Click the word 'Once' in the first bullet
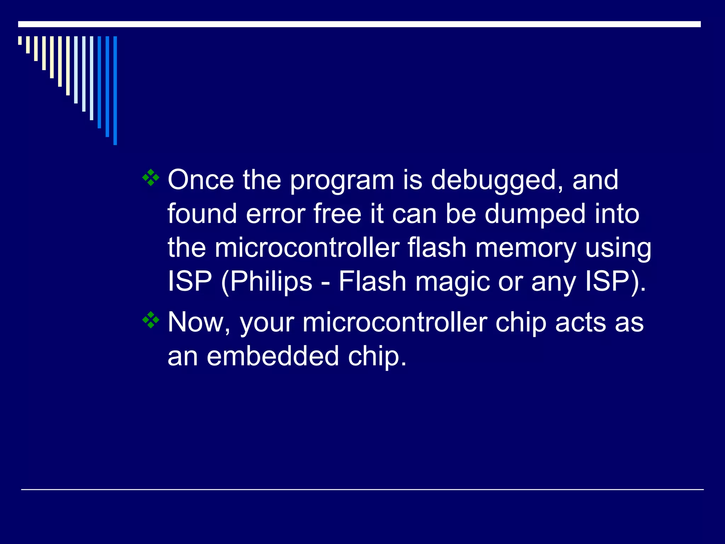click(200, 180)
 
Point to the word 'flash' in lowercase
click(436, 248)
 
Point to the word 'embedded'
click(273, 356)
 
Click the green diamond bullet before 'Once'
click(151, 177)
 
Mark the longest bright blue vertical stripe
click(115, 90)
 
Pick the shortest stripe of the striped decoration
click(20, 40)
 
